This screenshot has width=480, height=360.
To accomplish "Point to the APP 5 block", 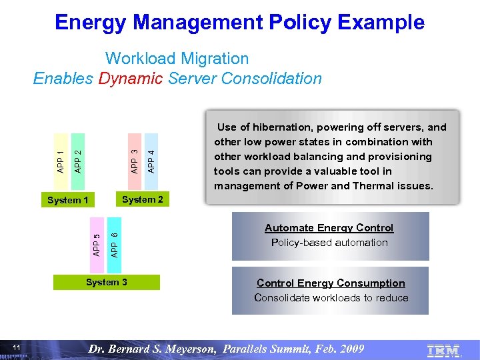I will click(x=97, y=243).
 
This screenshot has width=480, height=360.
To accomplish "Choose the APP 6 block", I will click(x=115, y=243).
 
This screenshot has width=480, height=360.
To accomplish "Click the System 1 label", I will click(x=68, y=200).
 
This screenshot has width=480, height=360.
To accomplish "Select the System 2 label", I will click(x=143, y=199).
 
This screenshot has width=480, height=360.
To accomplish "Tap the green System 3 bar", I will click(x=107, y=283).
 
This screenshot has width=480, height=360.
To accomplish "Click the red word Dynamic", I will click(x=130, y=79).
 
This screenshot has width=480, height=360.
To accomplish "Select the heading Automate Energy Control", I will click(x=329, y=228).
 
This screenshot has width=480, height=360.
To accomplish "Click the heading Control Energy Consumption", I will click(x=331, y=283).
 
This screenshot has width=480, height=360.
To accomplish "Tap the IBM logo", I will click(x=443, y=349).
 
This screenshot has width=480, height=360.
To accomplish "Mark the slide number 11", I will click(x=17, y=349).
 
